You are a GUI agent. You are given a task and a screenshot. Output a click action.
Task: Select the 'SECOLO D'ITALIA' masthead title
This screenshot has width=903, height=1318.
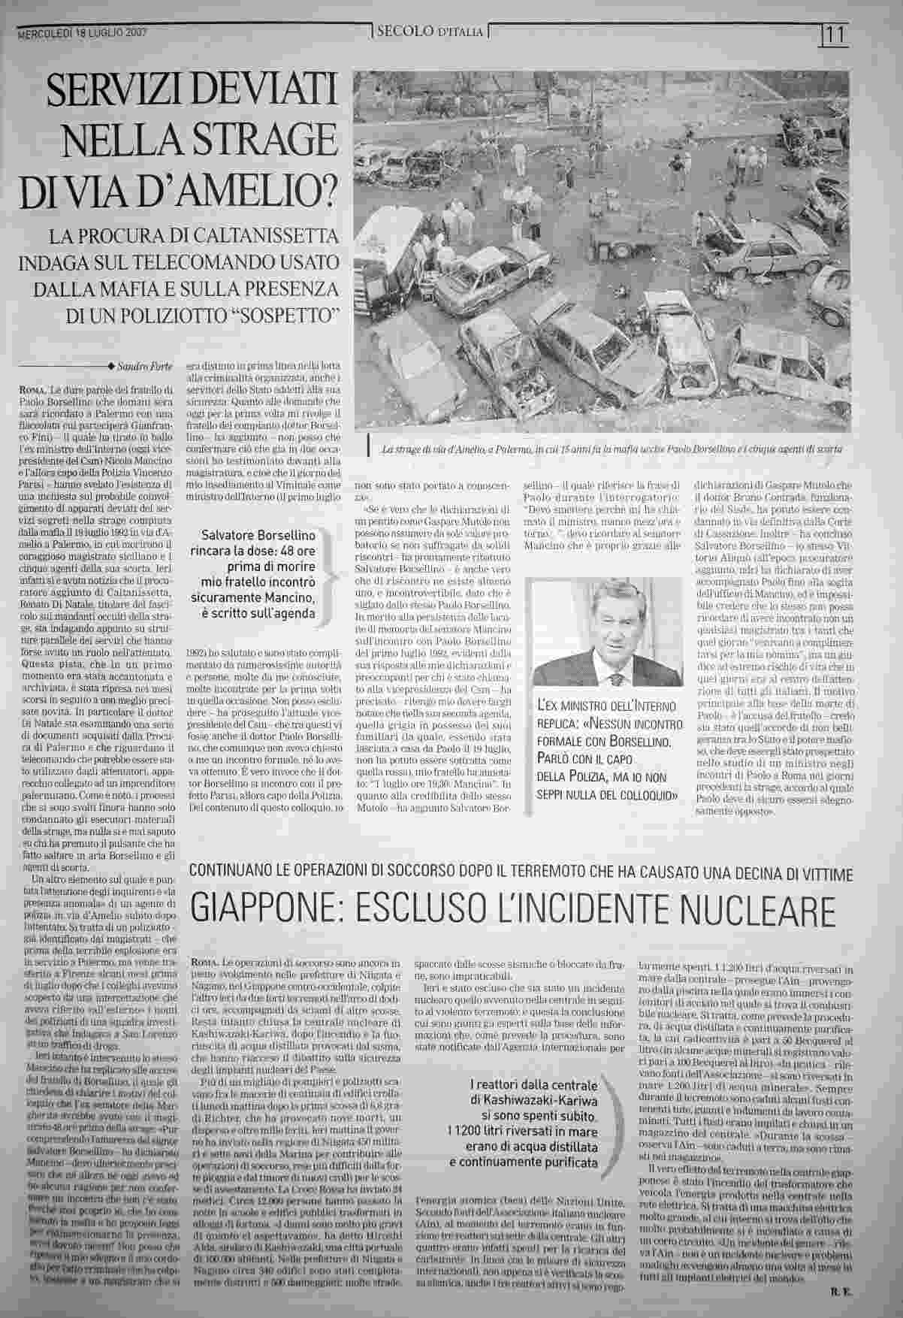coord(430,32)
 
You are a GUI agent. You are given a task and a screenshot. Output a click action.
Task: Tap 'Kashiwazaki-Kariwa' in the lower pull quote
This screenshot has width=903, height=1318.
coord(538,1099)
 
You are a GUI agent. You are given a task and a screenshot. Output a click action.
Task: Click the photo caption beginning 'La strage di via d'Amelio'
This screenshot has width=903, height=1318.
coord(612,449)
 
